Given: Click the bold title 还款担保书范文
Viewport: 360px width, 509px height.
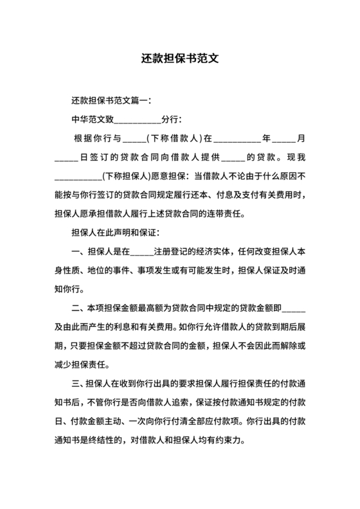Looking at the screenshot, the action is point(180,57).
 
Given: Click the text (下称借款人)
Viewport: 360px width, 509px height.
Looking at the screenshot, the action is point(174,138).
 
